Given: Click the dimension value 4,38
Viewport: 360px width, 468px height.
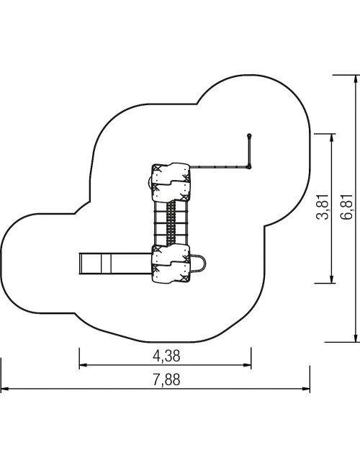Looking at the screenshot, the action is pos(166,356).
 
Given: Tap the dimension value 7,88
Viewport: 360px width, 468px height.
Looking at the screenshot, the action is pos(166,380).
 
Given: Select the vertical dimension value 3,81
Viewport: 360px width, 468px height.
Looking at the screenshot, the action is pos(322,207).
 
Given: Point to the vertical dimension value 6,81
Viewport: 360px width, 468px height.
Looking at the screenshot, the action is pos(346,207).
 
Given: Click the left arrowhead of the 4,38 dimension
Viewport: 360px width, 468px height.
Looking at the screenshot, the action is pos(83,365).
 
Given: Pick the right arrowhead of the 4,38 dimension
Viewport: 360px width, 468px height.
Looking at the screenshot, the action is pos(248,365).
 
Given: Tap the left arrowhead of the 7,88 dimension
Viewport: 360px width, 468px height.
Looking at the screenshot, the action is pos(4,389).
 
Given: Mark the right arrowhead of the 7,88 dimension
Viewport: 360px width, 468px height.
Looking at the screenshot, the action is pos(306,389).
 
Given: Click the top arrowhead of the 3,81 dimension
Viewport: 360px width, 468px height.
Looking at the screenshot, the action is pos(331,138).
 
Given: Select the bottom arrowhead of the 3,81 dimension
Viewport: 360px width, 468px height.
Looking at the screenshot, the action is pos(331,279).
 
